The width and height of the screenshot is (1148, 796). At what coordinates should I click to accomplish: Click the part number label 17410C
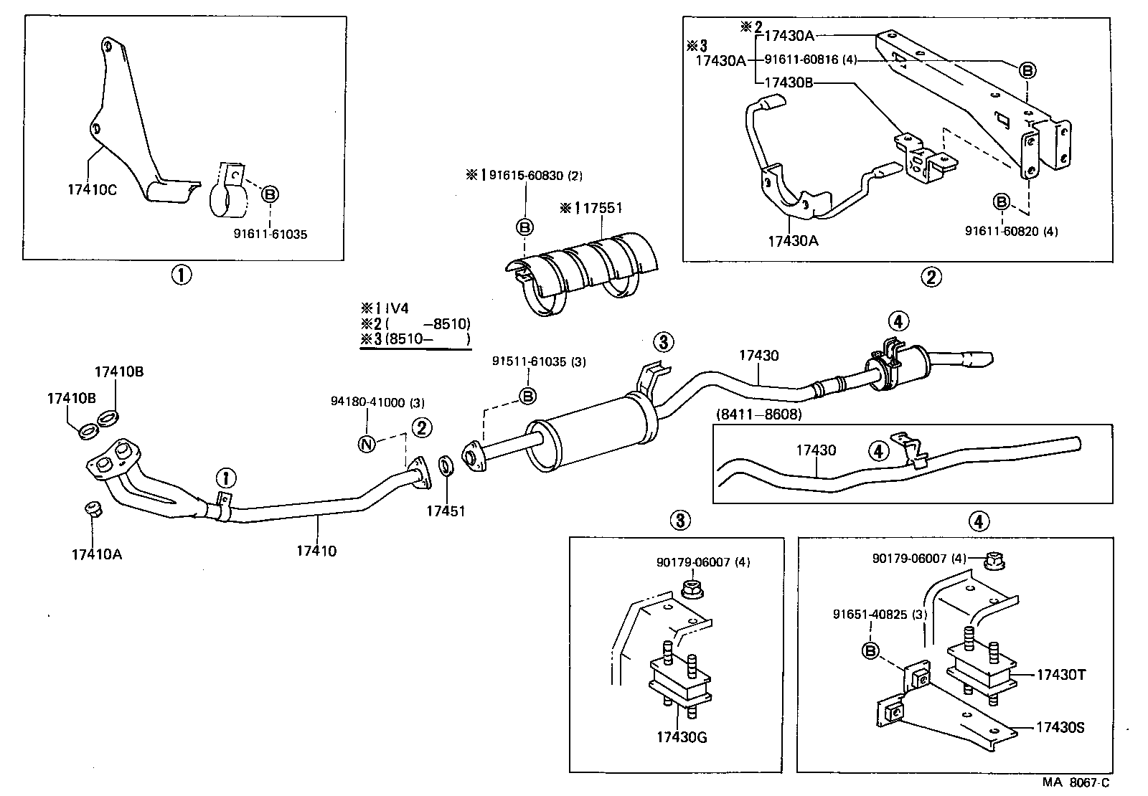92,189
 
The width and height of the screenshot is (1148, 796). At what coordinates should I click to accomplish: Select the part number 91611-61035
270,234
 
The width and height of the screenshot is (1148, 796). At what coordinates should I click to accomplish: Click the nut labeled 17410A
91,510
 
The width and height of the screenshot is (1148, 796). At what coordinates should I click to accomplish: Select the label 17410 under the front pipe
316,551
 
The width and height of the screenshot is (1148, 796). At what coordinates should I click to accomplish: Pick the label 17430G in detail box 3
681,736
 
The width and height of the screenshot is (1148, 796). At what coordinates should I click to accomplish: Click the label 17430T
1060,675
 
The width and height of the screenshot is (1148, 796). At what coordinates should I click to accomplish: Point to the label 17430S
1060,728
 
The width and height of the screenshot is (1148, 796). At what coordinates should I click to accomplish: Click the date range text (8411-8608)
758,414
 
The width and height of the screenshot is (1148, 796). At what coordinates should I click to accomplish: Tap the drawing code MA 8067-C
1076,784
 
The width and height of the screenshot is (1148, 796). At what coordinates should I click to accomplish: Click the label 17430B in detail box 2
789,82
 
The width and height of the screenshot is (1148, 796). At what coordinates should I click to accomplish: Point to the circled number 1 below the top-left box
181,274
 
